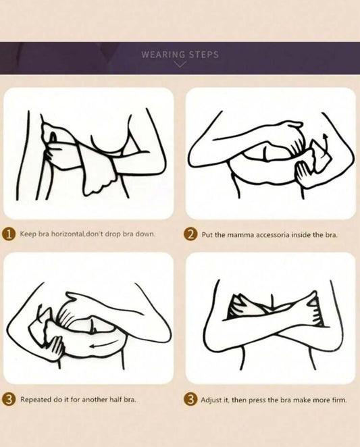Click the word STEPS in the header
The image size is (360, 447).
(x=204, y=55)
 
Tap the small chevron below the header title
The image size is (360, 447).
(x=180, y=64)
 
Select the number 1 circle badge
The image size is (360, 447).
(x=9, y=234)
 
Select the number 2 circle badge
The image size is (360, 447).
(x=191, y=235)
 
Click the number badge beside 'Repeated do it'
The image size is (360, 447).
(x=9, y=399)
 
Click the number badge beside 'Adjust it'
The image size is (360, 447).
(x=191, y=399)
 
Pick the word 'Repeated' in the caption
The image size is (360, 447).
(x=36, y=399)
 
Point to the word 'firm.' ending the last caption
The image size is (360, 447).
(x=339, y=400)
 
